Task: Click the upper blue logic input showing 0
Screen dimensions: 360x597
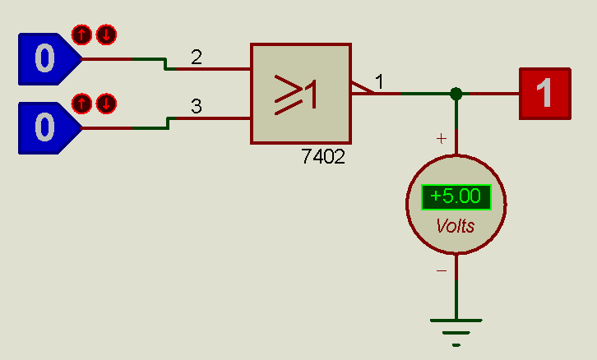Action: coord(45,60)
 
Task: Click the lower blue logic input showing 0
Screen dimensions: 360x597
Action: coord(45,128)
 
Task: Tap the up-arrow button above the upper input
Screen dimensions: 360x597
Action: coord(81,35)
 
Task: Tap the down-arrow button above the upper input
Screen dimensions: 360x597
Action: coord(106,35)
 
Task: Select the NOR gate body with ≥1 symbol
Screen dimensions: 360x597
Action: coord(301,93)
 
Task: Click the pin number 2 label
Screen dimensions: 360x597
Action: coord(196,58)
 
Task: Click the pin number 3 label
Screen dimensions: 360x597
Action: coord(196,106)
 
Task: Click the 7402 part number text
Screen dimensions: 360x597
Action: coord(323,157)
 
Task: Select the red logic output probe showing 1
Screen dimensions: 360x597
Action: coord(544,93)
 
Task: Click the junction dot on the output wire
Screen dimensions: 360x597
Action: coord(456,94)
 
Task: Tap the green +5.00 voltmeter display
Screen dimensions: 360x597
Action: coord(456,197)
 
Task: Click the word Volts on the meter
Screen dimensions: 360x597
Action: coord(456,225)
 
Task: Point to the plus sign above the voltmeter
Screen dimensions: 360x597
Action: coord(442,139)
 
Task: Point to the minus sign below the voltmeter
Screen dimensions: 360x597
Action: coord(442,270)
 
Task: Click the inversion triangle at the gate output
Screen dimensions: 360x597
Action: coord(361,87)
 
